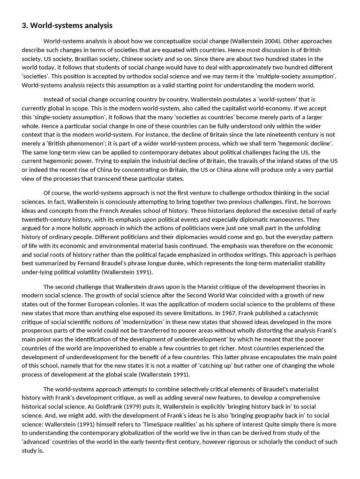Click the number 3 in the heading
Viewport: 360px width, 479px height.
(24, 25)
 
